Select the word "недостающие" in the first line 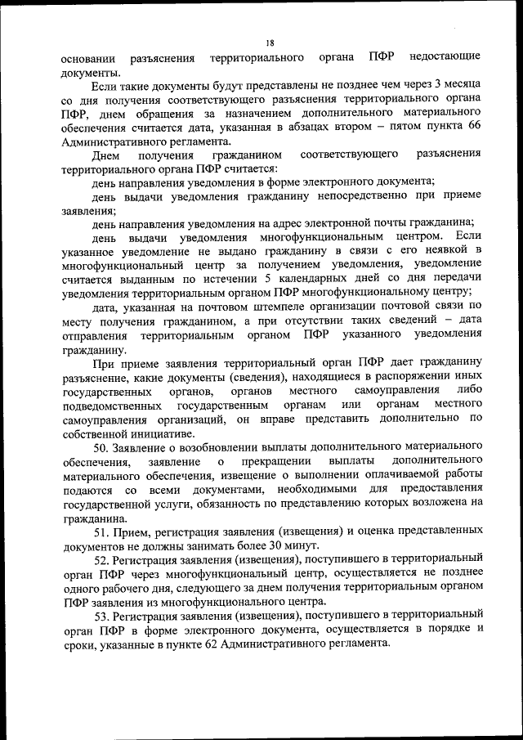(x=444, y=58)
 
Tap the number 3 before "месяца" (x=437, y=84)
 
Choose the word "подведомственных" (x=108, y=406)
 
